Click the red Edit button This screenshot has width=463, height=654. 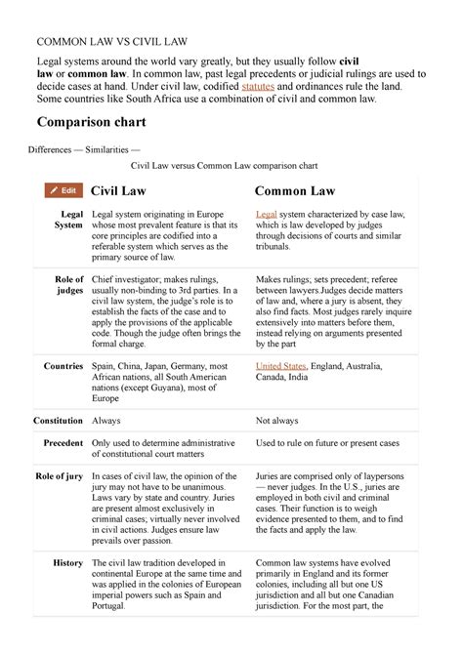[x=63, y=190]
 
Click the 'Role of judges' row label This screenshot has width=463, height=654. [x=69, y=286]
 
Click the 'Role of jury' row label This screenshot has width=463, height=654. [x=60, y=475]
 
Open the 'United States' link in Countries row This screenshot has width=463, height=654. [x=280, y=366]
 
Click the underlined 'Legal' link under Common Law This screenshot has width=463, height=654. [x=266, y=214]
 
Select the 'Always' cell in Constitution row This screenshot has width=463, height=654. [x=106, y=419]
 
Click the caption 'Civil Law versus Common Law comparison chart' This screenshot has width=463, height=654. [x=231, y=166]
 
